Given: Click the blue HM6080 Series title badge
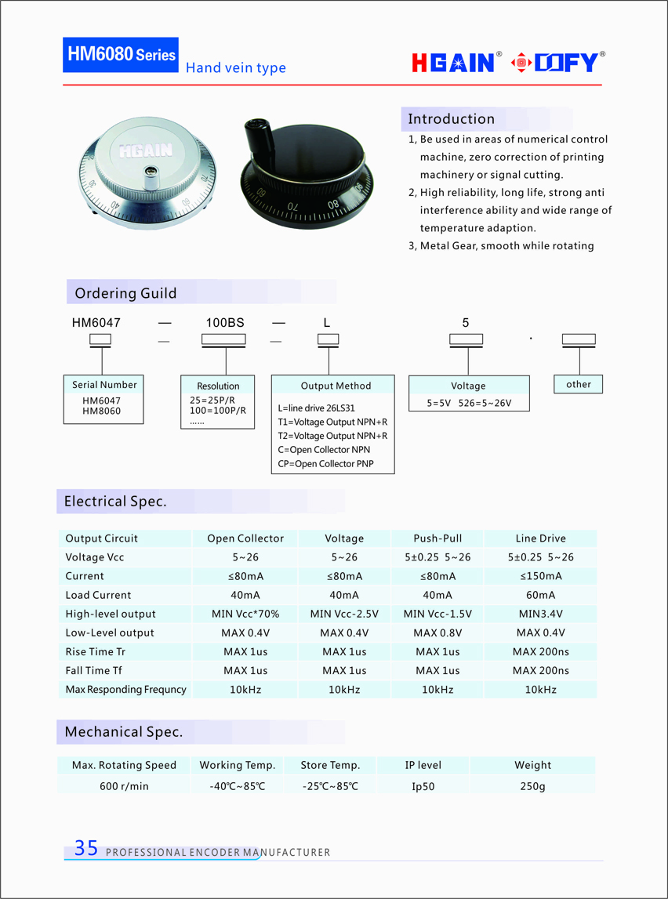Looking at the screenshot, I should [121, 55].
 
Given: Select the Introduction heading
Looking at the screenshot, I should [451, 119].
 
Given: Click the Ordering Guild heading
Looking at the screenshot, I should [125, 293].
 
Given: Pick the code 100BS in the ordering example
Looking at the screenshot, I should [224, 322].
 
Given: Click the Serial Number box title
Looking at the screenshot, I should [104, 385].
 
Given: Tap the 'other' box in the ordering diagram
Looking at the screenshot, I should [579, 384].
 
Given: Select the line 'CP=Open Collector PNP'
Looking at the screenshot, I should [325, 464].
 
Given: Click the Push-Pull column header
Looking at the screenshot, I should [437, 538].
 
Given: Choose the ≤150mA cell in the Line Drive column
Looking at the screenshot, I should [540, 576].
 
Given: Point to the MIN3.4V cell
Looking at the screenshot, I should [540, 614].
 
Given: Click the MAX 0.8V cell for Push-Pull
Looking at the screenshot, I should [437, 633].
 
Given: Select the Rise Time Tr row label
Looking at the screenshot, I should [96, 651].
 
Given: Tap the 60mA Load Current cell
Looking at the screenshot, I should [540, 595].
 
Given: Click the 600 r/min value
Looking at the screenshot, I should [124, 785].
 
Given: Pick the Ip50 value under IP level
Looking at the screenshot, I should [423, 786].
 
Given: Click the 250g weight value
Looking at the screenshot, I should [532, 785].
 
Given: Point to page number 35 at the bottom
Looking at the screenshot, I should [86, 847].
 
